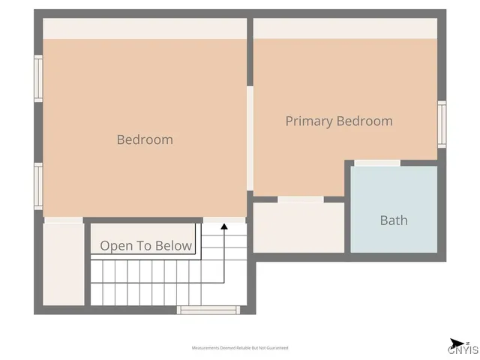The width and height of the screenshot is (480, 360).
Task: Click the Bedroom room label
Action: (145, 139)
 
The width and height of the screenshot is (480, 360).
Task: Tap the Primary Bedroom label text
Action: (339, 121)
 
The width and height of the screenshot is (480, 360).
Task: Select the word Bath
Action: (394, 220)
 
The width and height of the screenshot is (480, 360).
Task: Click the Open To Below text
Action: (146, 246)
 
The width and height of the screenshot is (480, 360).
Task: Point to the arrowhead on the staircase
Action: (223, 226)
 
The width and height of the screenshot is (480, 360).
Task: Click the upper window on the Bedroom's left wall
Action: (38, 79)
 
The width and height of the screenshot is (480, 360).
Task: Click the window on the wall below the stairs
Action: (208, 309)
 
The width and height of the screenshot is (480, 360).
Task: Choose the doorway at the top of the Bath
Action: (377, 163)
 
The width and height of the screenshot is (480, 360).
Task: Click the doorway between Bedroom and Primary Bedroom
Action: (250, 139)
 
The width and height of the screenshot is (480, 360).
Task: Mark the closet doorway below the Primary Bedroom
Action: (301, 199)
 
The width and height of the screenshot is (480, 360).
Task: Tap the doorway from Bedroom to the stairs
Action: (224, 220)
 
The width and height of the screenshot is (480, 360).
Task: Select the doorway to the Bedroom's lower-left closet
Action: (63, 220)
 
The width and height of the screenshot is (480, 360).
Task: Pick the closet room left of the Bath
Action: (298, 228)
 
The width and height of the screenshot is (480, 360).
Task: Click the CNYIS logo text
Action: (463, 349)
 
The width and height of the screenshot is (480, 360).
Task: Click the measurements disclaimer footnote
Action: (240, 348)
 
